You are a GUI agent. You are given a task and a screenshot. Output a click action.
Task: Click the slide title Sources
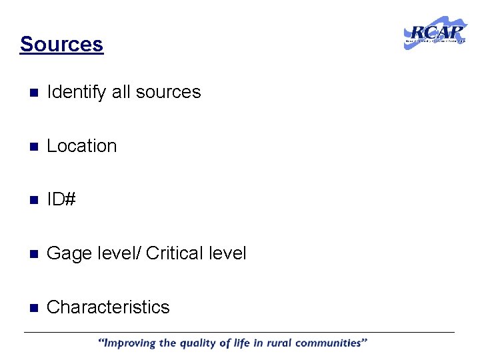pyautogui.click(x=61, y=44)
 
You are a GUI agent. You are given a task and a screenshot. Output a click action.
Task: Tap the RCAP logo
pyautogui.click(x=435, y=33)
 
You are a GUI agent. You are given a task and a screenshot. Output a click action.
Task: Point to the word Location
pyautogui.click(x=81, y=146)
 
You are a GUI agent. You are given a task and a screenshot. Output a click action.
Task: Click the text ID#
pyautogui.click(x=61, y=199)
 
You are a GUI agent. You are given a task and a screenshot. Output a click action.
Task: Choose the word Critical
pyautogui.click(x=174, y=253)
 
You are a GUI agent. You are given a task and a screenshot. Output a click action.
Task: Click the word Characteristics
pyautogui.click(x=108, y=307)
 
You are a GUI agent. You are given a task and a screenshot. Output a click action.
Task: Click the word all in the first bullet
pyautogui.click(x=121, y=92)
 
